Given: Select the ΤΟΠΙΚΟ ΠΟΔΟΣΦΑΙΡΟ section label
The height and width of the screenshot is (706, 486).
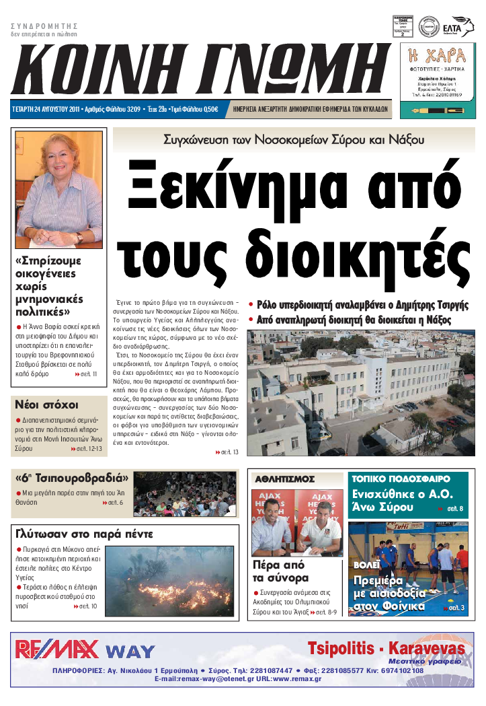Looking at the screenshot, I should tap(401, 479).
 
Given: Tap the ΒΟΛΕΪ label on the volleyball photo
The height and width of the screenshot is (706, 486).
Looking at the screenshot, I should tap(368, 564).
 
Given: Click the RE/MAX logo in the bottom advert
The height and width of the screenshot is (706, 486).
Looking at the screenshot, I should tap(57, 649).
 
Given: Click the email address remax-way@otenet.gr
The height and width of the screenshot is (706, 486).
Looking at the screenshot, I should tap(194, 679).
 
